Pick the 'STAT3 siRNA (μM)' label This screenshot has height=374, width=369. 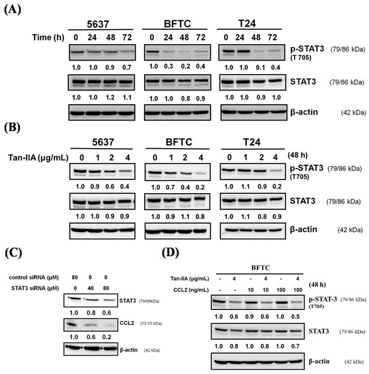(x=35, y=288)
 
